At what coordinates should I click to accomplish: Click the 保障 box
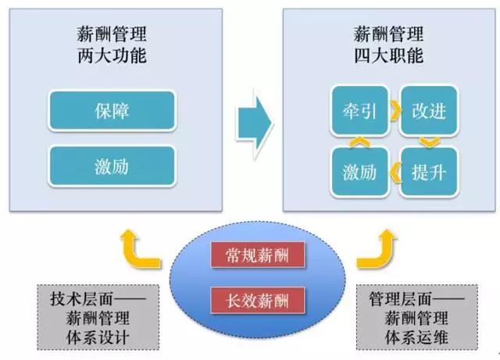click(112, 111)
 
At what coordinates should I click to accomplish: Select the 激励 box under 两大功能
click(112, 166)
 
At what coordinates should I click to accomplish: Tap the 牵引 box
click(360, 111)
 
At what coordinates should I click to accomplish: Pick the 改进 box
click(429, 111)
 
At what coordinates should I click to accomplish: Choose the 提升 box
click(429, 172)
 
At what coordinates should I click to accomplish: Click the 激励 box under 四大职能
click(360, 172)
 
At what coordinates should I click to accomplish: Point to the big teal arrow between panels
click(254, 123)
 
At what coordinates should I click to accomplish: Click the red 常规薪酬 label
click(258, 255)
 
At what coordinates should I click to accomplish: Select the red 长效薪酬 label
click(258, 300)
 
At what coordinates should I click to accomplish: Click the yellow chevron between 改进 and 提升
click(430, 143)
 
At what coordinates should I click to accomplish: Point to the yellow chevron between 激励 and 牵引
click(359, 142)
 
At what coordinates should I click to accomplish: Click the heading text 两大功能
click(112, 55)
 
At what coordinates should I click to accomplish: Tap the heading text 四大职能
click(389, 55)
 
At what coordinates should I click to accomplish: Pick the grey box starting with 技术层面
click(98, 317)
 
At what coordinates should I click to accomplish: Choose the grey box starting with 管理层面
click(416, 317)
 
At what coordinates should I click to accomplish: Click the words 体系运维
click(416, 337)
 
